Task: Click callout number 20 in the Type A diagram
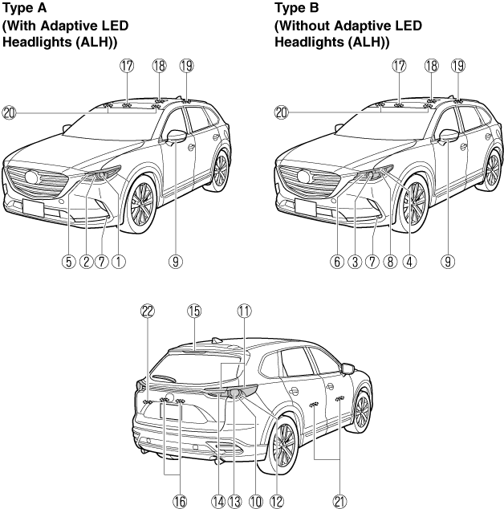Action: tap(9, 113)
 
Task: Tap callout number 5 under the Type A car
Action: tap(68, 262)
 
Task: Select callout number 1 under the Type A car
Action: tap(119, 262)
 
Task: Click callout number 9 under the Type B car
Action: tap(448, 262)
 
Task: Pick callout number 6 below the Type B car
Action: tap(337, 262)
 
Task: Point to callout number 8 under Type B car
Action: tap(390, 262)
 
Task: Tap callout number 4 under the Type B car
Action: tap(409, 262)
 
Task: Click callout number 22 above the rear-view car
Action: tap(148, 312)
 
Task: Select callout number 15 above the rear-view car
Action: tap(194, 312)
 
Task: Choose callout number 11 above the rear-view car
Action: tap(244, 312)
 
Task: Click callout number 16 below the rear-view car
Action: tap(180, 502)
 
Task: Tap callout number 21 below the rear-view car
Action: tap(339, 502)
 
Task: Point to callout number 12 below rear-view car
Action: tap(277, 502)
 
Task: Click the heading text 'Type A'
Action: tap(24, 8)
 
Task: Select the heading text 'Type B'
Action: tap(297, 8)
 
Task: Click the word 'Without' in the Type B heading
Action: tap(304, 26)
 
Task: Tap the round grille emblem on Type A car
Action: tap(31, 177)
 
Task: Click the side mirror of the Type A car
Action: tap(177, 136)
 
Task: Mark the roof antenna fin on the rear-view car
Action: tap(217, 340)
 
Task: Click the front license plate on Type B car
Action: tap(306, 207)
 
